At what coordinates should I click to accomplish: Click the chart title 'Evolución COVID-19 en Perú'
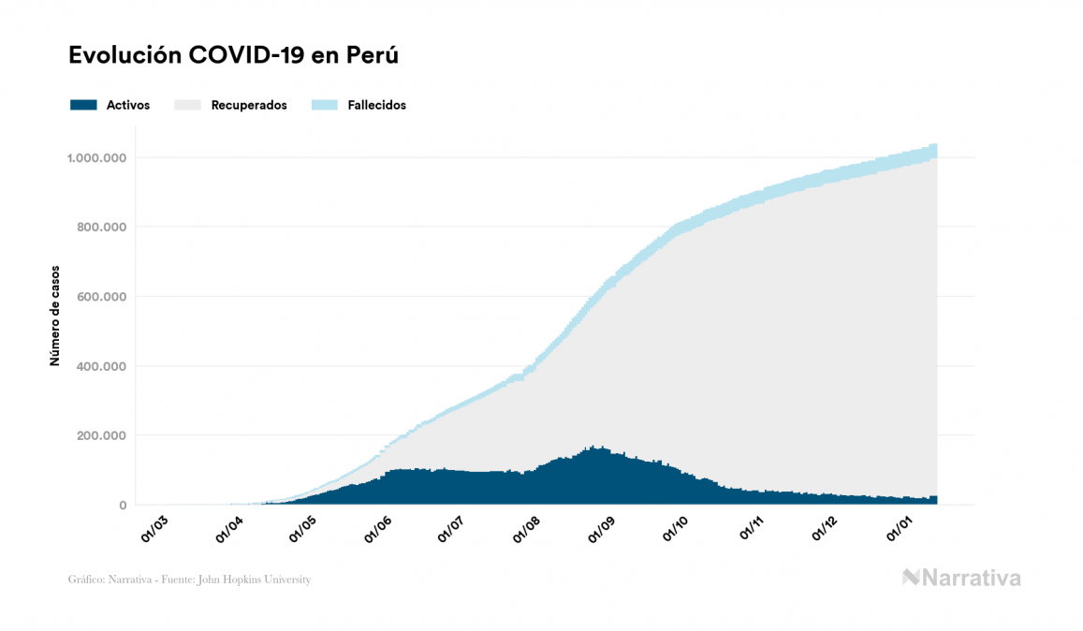(x=233, y=55)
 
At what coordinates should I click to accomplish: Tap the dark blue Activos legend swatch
(x=83, y=105)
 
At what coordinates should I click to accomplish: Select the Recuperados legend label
(x=248, y=105)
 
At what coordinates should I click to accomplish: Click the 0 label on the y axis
(x=122, y=506)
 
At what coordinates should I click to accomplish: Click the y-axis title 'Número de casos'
(x=55, y=315)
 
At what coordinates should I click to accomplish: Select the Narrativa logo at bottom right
(x=961, y=578)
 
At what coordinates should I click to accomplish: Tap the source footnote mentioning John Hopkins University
(x=189, y=580)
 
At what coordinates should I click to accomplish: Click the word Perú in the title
(x=373, y=55)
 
